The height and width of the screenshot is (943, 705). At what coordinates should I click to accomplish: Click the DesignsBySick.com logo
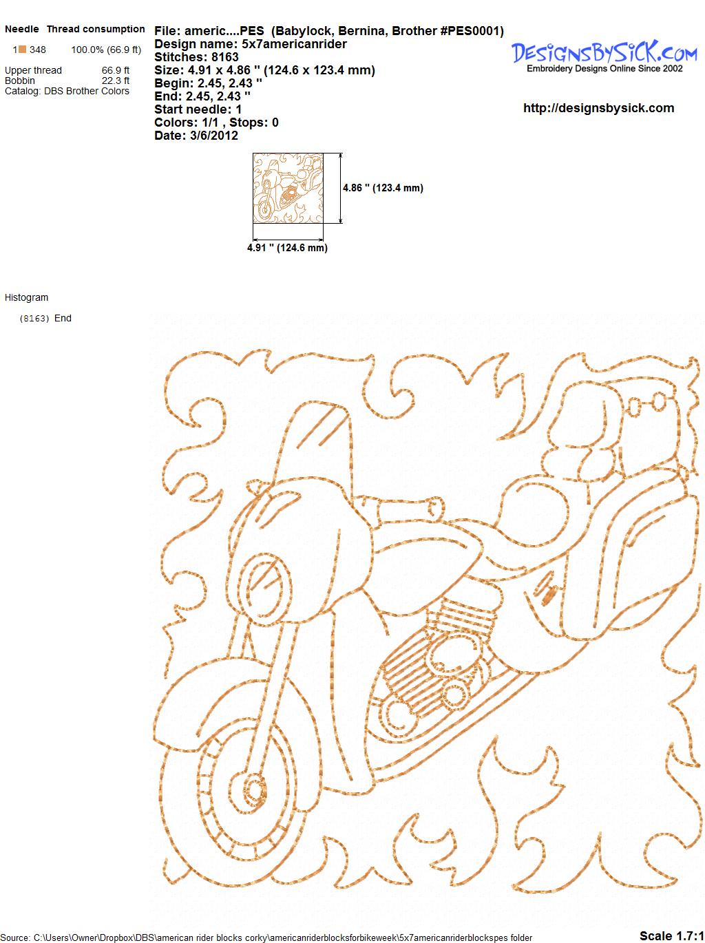(604, 56)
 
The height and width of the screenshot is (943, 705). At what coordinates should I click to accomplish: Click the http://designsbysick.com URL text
(598, 108)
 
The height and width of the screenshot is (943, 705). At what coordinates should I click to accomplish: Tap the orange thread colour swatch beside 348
(23, 50)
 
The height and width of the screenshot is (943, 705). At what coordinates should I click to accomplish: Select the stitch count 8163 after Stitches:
(224, 57)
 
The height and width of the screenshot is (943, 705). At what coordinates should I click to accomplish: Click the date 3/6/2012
(213, 136)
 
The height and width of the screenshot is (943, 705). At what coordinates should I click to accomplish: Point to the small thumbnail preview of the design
(288, 188)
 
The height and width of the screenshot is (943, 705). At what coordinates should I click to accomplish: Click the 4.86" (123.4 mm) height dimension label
(383, 188)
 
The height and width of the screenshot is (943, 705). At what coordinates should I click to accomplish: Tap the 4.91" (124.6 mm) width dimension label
(287, 248)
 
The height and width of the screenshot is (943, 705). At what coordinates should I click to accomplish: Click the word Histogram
(26, 297)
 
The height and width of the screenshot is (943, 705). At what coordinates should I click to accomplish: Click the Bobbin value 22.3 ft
(115, 81)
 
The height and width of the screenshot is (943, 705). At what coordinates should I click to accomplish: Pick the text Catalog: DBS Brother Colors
(67, 91)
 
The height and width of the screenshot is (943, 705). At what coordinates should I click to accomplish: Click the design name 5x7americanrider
(294, 44)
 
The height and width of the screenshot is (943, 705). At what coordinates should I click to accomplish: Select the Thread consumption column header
(96, 29)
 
